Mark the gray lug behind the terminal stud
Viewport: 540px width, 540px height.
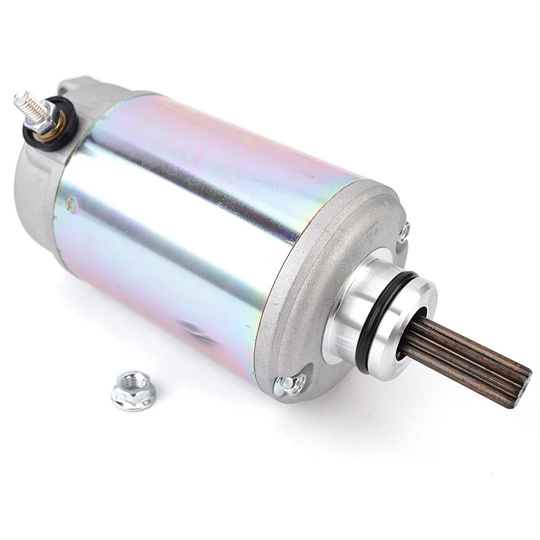point(76,86)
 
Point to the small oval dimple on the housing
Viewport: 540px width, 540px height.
point(72,204)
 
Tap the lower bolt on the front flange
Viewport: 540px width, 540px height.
point(286,384)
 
